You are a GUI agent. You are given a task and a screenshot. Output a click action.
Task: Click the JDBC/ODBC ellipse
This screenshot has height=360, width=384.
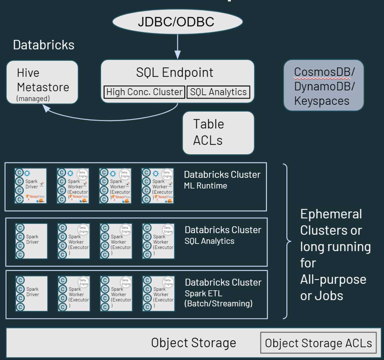tap(177, 22)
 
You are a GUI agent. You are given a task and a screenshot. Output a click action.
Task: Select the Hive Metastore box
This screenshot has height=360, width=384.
tap(42, 82)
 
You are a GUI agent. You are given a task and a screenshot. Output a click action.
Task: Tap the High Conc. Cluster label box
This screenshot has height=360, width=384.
tap(144, 92)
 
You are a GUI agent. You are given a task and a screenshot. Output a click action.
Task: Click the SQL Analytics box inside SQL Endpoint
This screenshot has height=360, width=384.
tap(219, 92)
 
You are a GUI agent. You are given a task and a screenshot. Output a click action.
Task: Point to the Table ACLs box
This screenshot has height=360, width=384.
tap(218, 133)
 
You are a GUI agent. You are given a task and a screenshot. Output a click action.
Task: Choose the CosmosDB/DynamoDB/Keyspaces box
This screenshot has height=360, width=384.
tap(324, 85)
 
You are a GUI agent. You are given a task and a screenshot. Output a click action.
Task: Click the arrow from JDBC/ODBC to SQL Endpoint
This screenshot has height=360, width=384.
tap(177, 45)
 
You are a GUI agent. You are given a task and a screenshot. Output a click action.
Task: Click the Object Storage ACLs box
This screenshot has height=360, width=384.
tap(318, 343)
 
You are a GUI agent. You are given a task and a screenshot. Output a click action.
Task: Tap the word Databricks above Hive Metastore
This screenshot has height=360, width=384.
tap(44, 45)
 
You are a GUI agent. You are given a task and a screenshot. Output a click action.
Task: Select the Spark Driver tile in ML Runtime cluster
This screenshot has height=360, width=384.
tap(31, 186)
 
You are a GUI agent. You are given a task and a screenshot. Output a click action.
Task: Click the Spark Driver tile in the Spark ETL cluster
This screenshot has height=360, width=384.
tap(31, 294)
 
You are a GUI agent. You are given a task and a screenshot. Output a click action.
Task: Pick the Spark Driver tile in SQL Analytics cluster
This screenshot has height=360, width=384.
tap(31, 241)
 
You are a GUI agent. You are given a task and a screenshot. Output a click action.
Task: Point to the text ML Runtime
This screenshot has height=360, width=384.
tap(206, 186)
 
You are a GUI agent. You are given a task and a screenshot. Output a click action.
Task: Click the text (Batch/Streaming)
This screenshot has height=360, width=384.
tap(218, 303)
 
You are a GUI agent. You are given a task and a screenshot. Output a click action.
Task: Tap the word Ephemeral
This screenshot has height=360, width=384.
tap(331, 214)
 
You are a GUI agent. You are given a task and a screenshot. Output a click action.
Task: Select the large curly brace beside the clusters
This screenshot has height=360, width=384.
tap(287, 241)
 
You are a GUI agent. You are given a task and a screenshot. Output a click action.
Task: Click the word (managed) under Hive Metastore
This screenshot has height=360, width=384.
tap(33, 99)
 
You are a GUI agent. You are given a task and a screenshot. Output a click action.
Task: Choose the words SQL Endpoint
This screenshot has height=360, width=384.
tap(175, 73)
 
